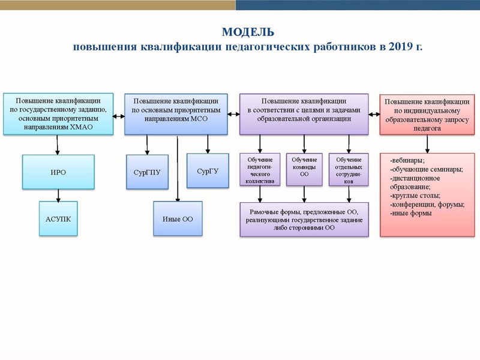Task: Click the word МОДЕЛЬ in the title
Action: click(248, 32)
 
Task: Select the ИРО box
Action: click(58, 172)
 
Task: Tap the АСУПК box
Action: click(58, 218)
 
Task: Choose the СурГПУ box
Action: click(147, 172)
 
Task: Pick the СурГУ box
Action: click(208, 171)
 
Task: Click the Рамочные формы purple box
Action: click(304, 220)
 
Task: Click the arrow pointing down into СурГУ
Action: click(208, 144)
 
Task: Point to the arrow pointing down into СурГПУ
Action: click(147, 145)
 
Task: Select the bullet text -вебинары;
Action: click(407, 160)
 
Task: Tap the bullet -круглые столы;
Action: click(415, 196)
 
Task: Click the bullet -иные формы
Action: click(411, 213)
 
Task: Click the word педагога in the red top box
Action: click(427, 128)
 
